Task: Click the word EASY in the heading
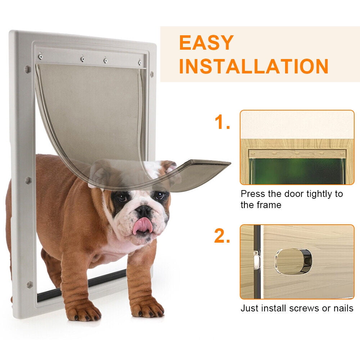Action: point(206,43)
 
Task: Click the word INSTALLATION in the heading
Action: point(254,66)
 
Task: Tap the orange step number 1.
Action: point(222,122)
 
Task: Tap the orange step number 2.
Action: point(222,237)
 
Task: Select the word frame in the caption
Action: point(270,205)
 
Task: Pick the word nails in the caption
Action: point(343,309)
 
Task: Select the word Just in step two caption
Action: point(248,309)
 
